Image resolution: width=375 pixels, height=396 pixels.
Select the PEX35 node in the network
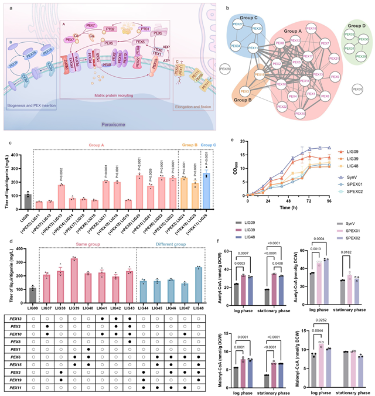pyautogui.click(x=356, y=89)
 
